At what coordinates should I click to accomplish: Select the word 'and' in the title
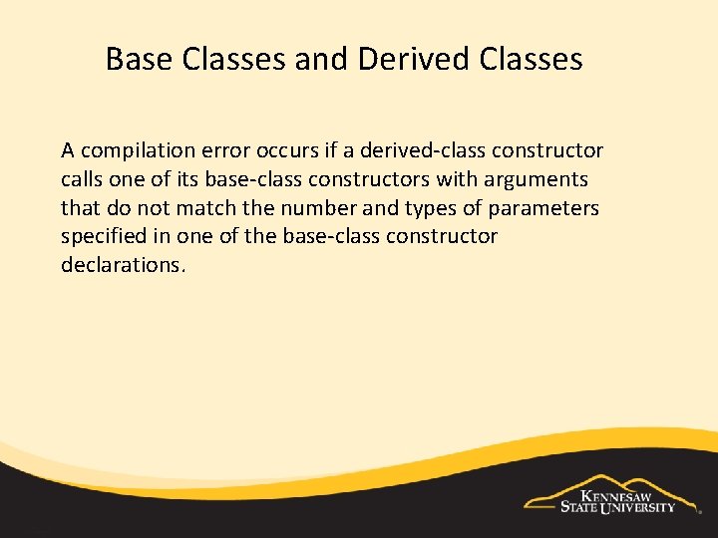click(321, 60)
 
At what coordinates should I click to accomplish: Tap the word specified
click(104, 236)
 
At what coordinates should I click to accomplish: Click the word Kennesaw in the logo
click(622, 494)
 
